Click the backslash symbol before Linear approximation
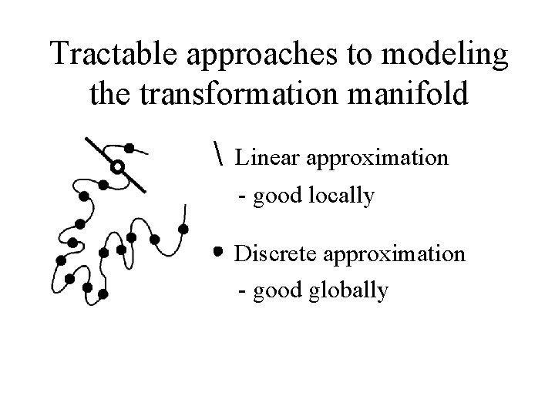(220, 158)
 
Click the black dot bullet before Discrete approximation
(219, 252)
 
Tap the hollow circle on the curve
(117, 166)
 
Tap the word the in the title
(109, 96)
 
